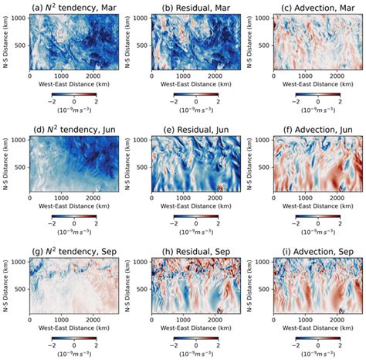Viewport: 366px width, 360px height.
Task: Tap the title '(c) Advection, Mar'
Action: point(311,7)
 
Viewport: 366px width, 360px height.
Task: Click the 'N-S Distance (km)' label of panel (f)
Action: point(251,163)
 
